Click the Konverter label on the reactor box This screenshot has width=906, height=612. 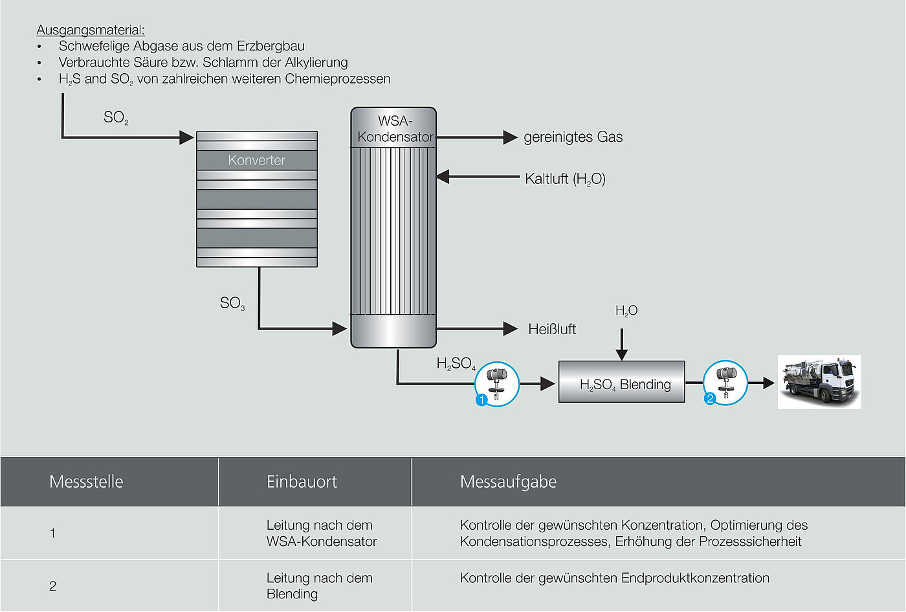point(256,160)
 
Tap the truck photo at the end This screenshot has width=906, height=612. point(819,381)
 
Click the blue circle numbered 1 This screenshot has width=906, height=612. point(481,400)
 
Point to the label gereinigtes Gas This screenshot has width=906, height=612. point(573,137)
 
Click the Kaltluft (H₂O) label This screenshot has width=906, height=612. point(565,179)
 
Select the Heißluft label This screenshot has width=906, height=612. point(551,329)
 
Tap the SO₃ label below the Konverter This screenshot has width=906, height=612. point(232,303)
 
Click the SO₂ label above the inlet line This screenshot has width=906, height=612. point(116,118)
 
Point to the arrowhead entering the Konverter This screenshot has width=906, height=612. point(186,137)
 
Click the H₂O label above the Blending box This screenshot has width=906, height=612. point(626,311)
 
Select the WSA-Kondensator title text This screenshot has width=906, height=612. point(395,129)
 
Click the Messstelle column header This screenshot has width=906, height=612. point(86,482)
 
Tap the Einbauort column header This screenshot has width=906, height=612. point(302,482)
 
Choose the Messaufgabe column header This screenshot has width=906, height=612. point(508,482)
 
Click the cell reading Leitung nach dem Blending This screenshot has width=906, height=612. point(319,585)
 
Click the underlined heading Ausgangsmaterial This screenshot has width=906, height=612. point(91,30)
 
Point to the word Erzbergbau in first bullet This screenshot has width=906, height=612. point(271,46)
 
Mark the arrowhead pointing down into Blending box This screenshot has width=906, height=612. point(621,354)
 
